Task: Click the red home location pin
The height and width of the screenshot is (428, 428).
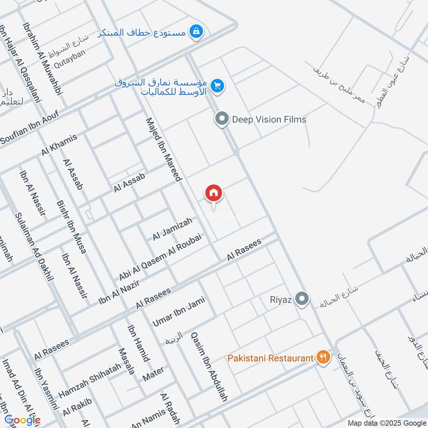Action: pos(213,193)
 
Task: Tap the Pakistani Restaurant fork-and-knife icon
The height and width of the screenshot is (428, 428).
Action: pos(323,357)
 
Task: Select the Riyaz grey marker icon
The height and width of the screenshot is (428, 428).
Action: pos(302,299)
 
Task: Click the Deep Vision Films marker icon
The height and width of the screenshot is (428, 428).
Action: pos(221,119)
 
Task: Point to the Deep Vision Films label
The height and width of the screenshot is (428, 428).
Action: pos(269,119)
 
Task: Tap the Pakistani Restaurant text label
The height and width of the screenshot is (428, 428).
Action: pos(270,357)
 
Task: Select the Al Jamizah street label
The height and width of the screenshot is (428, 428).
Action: pos(172,230)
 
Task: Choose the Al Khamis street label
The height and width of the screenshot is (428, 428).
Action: pos(59,144)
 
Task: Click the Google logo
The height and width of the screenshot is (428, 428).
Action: pos(22,420)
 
